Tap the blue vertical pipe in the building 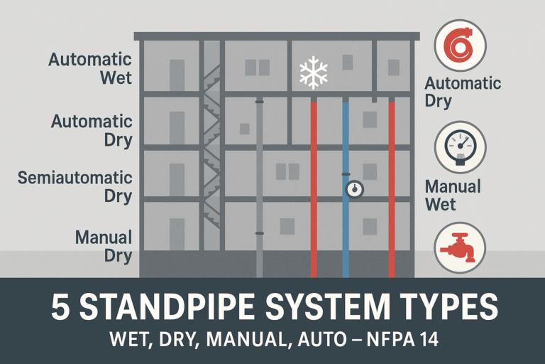click(346, 227)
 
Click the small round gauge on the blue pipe click(353, 189)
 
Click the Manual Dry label click(104, 245)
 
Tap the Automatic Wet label click(90, 68)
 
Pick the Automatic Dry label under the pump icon click(463, 92)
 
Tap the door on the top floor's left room click(177, 75)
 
